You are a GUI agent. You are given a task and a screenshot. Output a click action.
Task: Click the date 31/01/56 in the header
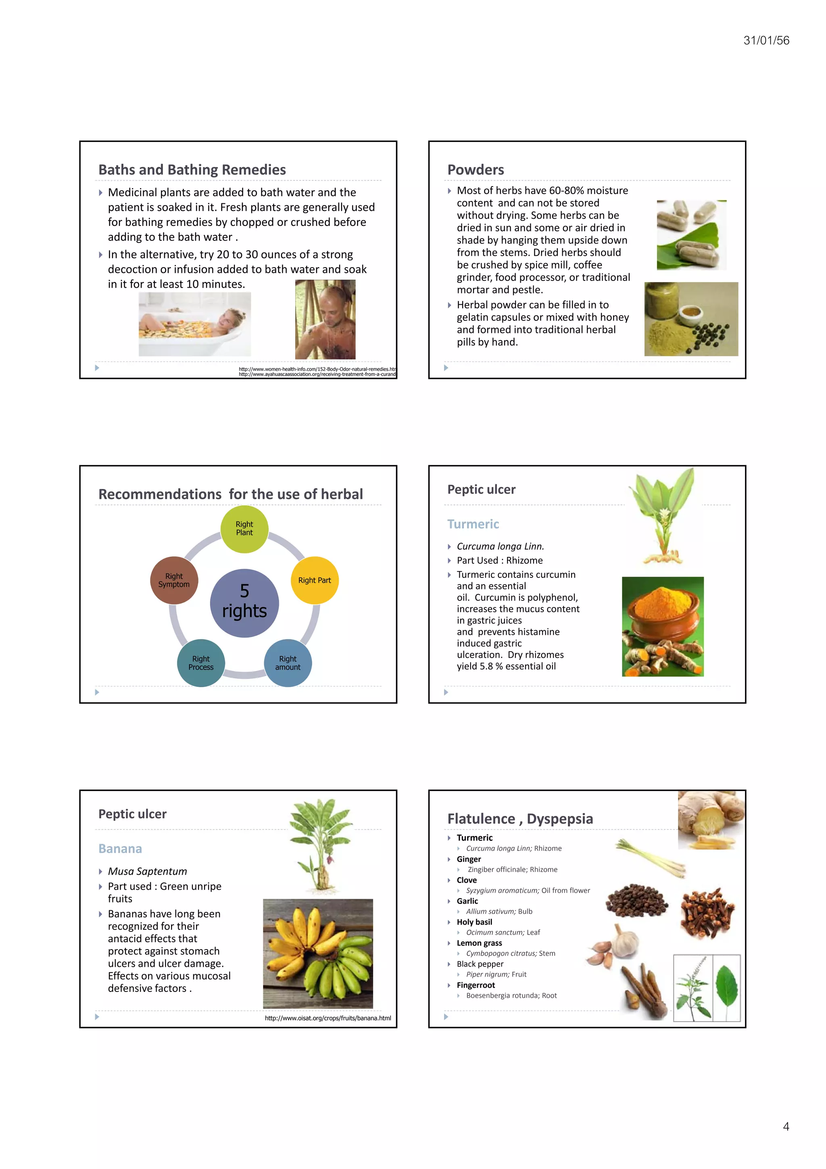coord(766,41)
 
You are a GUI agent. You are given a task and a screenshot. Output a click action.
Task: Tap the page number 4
coord(786,1126)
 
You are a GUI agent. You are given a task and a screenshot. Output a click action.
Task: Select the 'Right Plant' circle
coord(244,529)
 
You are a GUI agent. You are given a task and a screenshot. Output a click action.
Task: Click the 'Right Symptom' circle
coord(174,580)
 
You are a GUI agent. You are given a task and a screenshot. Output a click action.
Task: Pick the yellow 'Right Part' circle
coord(315,580)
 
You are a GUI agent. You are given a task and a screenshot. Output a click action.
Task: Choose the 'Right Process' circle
coord(201,663)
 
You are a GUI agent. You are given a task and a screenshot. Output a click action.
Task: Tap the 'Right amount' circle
coord(288,663)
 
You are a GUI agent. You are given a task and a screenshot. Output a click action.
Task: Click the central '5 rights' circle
coord(244,603)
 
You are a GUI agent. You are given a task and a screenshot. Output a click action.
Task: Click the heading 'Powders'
coord(476,170)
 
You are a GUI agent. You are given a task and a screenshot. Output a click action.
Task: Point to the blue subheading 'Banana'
coord(120,849)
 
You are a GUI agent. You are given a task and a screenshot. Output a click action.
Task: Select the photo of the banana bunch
coord(317,953)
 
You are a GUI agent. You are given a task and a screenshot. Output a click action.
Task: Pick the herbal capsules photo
coord(691,235)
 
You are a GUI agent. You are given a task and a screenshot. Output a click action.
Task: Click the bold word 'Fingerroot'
coord(476,985)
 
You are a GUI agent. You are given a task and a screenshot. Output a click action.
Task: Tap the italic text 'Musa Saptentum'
coord(147,871)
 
